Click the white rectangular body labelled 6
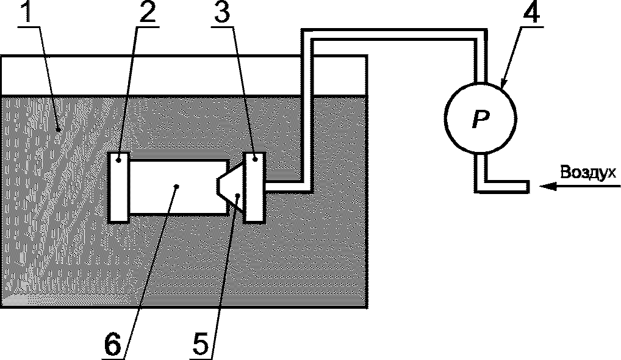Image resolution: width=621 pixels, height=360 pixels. (x=177, y=187)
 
